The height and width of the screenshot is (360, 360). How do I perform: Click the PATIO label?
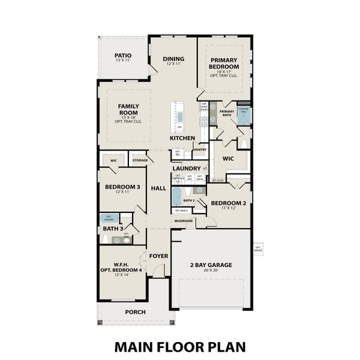123,56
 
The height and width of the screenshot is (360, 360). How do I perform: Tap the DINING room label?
173,59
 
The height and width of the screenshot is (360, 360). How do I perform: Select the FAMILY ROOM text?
128,109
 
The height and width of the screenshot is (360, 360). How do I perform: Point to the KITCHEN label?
182,138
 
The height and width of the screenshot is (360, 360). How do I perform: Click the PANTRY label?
200,149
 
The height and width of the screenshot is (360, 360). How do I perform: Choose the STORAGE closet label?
140,160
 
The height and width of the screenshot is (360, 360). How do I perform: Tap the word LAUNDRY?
185,169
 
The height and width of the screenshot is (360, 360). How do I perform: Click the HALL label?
158,188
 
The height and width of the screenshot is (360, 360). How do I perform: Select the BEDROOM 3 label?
122,187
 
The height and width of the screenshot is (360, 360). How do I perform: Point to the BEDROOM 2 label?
229,202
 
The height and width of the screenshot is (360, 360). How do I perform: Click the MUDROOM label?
184,221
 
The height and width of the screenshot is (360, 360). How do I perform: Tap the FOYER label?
158,256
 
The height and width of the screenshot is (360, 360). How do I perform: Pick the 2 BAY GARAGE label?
211,265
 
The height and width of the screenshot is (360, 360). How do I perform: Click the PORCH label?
135,312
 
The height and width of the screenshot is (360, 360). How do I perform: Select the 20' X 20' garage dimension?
211,271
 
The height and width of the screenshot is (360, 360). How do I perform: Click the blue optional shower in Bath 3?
109,218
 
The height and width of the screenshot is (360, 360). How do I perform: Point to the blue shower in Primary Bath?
243,116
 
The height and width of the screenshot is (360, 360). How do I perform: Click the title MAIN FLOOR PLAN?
180,346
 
